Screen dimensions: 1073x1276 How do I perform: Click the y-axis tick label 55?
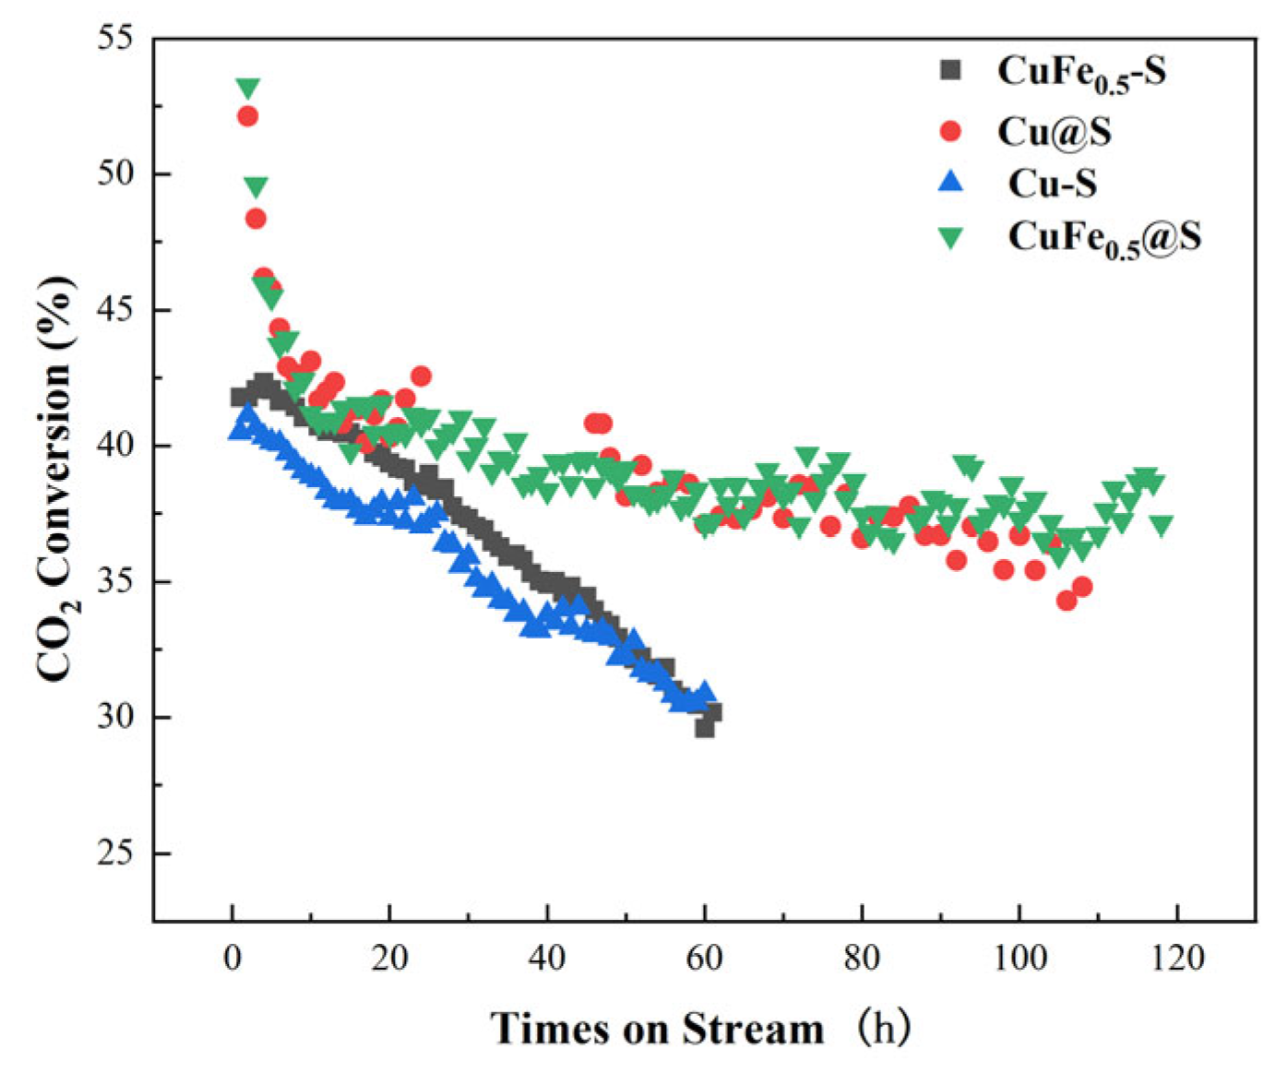click(114, 39)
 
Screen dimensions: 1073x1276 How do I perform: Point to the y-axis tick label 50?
click(114, 174)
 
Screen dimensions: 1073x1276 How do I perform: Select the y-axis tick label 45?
click(114, 310)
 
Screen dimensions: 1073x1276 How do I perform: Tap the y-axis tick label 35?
click(114, 582)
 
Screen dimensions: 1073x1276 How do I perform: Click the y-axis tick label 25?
click(114, 853)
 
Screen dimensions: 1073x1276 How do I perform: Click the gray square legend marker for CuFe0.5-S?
click(949, 70)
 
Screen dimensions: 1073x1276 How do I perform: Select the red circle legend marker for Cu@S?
click(949, 132)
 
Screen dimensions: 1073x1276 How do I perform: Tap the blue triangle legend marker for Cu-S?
click(949, 183)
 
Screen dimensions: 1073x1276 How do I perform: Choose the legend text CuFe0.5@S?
click(1103, 238)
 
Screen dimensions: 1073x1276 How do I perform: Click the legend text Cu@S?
click(1054, 132)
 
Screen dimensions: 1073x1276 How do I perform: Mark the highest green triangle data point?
click(247, 89)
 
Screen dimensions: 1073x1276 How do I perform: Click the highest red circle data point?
click(247, 116)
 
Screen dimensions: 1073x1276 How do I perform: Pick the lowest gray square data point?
click(705, 728)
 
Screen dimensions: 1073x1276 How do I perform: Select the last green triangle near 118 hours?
click(1161, 525)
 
